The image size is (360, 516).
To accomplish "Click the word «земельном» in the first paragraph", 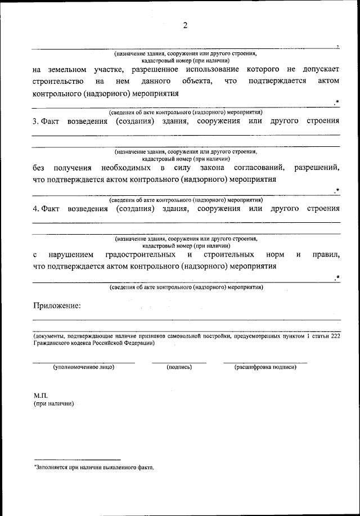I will click(67, 70).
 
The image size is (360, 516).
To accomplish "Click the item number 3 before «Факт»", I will click(35, 121).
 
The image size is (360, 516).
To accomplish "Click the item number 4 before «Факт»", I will click(35, 209).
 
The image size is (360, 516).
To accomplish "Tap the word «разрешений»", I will click(317, 168).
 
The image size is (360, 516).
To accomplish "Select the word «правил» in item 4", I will click(328, 255).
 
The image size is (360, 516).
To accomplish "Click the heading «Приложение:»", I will click(56, 306).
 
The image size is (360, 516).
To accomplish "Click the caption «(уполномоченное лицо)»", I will click(83, 367).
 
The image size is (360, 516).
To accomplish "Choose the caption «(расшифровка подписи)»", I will click(265, 367).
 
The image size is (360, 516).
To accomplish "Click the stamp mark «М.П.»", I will click(40, 396).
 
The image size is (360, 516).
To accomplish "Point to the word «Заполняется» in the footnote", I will click(55, 468).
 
